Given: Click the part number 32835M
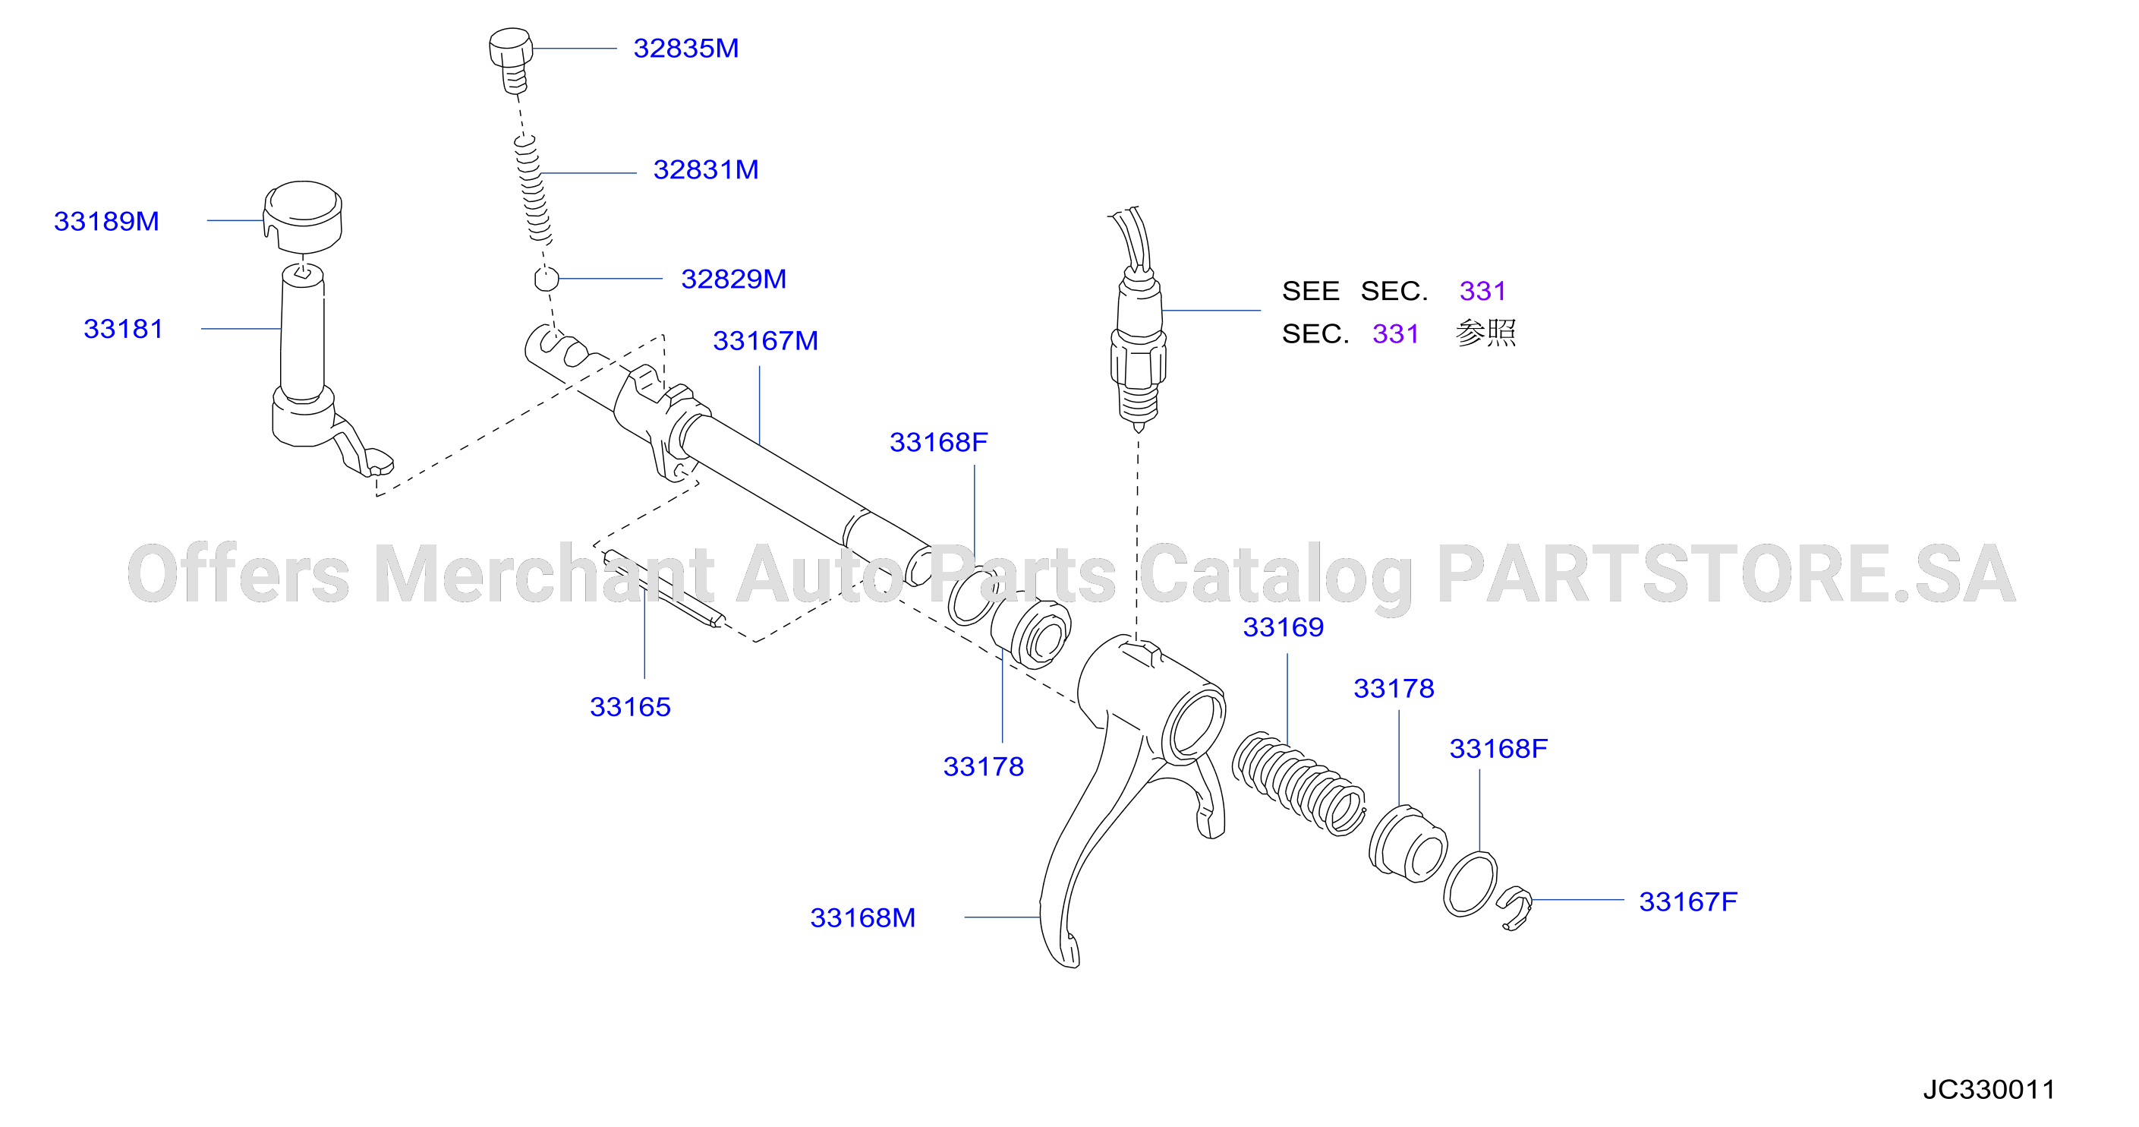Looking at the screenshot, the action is coord(686,48).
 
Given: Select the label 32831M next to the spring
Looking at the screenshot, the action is coord(706,169).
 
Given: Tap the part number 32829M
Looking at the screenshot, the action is coord(733,279).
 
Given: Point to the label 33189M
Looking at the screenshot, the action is coord(106,221).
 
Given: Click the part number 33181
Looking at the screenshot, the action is coord(123,329).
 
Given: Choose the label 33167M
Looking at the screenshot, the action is coord(766,340).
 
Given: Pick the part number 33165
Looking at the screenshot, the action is coord(630,707).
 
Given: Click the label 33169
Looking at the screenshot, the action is coord(1283,627).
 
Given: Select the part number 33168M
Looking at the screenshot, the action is coord(863,917).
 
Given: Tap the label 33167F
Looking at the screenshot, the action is coord(1688,901).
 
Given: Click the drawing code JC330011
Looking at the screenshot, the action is coord(1989,1090).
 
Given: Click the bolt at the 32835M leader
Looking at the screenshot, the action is coord(510,60).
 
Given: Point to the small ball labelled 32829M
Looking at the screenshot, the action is coord(546,278).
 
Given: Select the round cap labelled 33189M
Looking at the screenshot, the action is coord(303,214).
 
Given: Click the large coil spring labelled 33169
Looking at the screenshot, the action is coord(1298,783).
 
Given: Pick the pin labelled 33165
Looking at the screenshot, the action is coord(663,589).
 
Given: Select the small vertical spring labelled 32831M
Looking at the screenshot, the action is coord(531,189).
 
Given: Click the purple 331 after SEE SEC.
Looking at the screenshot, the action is coord(1482,291).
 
